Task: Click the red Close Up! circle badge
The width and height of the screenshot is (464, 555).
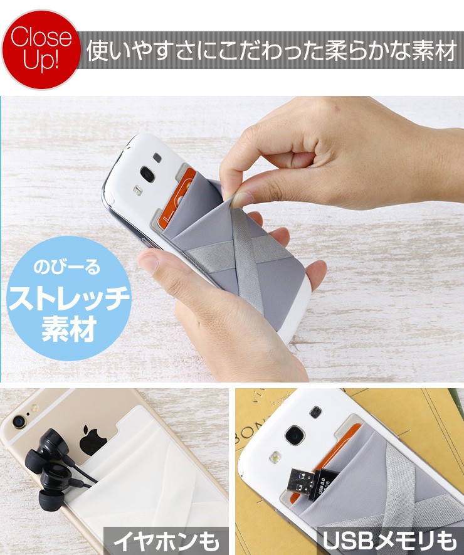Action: (x=41, y=50)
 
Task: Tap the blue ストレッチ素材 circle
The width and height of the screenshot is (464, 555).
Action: (x=70, y=299)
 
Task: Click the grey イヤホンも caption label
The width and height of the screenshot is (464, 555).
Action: (x=166, y=541)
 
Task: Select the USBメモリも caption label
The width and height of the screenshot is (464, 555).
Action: (x=389, y=541)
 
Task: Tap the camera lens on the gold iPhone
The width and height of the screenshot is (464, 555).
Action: (x=19, y=421)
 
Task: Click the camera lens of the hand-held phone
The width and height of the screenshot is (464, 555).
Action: (x=147, y=174)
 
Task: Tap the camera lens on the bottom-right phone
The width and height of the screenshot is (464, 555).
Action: (x=295, y=435)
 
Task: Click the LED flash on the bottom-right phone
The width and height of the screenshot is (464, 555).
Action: (x=276, y=460)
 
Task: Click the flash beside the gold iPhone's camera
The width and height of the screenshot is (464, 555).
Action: (x=34, y=408)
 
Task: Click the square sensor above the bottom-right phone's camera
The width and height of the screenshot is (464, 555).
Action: (x=315, y=412)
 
